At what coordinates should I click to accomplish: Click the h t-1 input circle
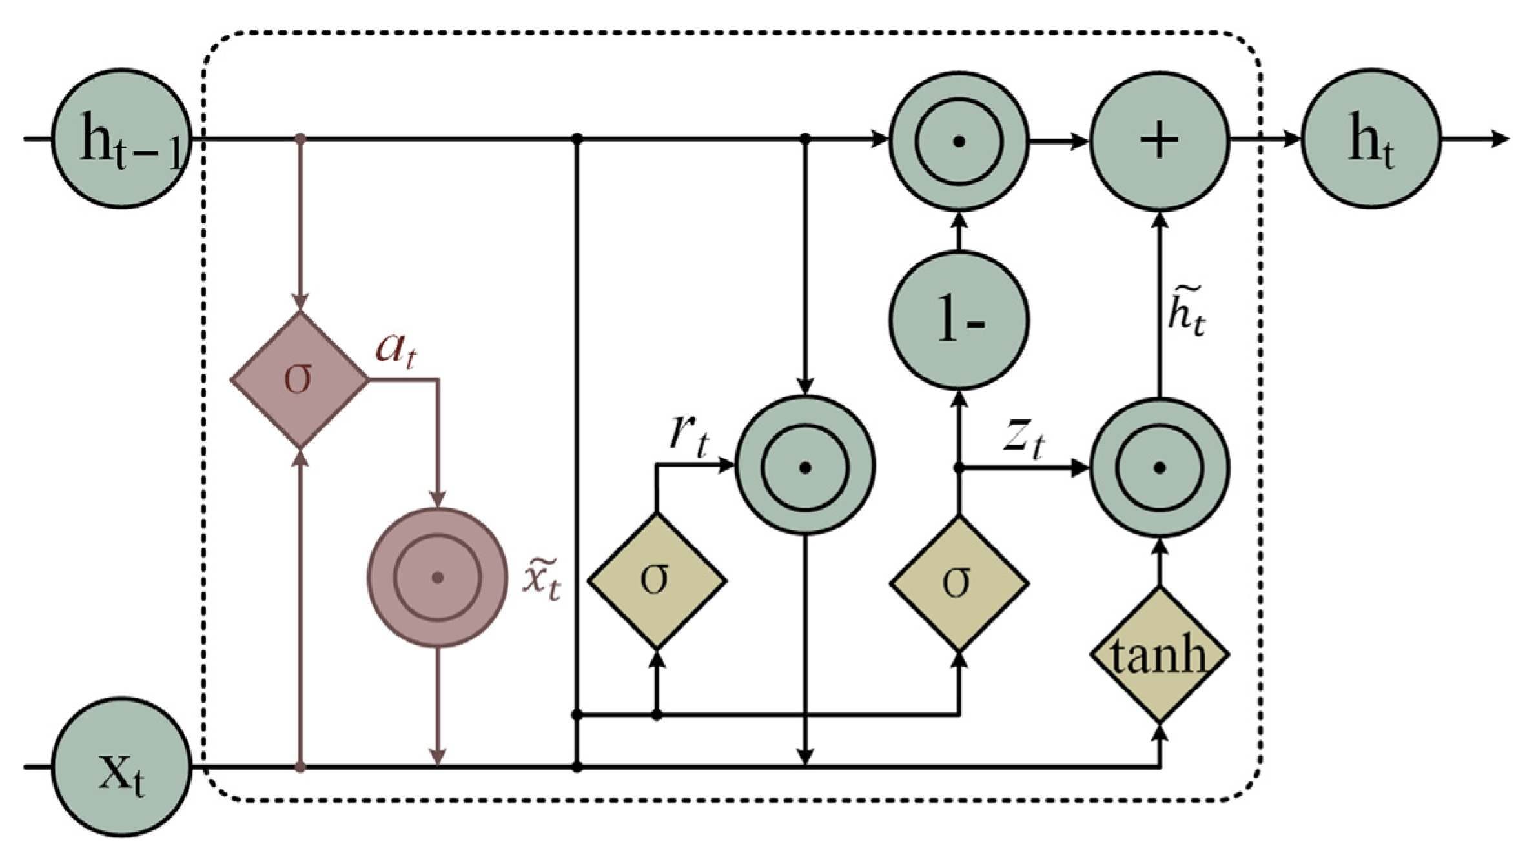click(121, 139)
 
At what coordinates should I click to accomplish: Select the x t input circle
click(121, 768)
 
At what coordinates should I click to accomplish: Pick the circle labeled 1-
click(959, 321)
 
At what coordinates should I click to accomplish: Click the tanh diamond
click(1159, 656)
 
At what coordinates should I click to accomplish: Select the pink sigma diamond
click(300, 379)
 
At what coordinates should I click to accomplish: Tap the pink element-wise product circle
click(437, 578)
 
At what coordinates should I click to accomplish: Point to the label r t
click(688, 436)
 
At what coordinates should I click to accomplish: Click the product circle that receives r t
click(804, 466)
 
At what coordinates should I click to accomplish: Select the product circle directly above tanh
click(1160, 468)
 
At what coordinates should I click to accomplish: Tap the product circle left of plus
click(959, 141)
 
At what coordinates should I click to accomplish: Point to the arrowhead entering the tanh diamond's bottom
click(1160, 733)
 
